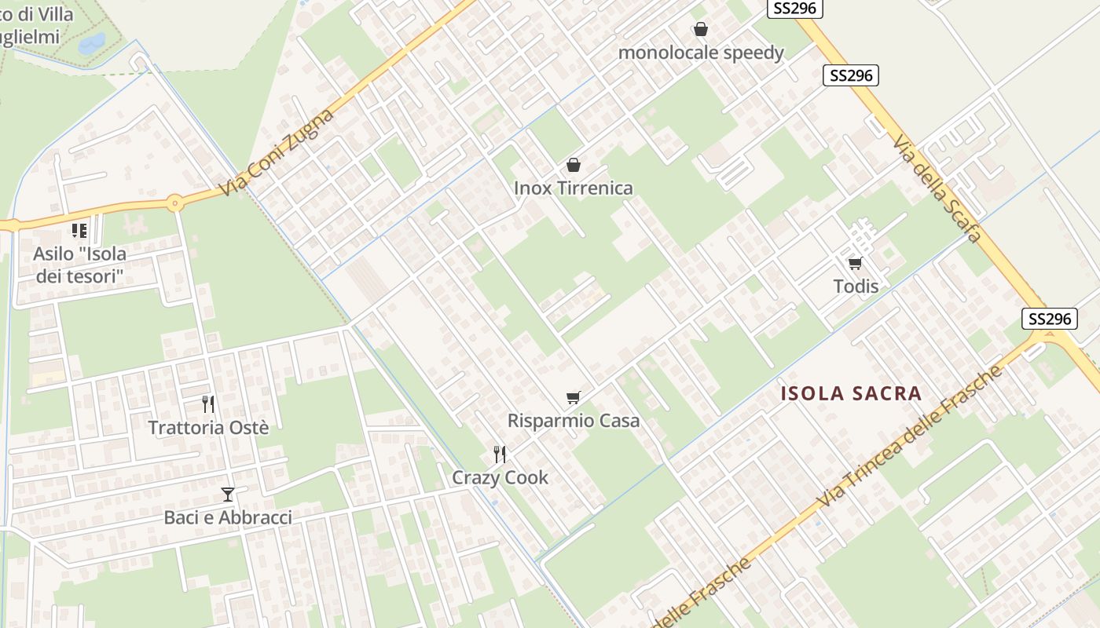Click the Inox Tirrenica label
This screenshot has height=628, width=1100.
click(573, 188)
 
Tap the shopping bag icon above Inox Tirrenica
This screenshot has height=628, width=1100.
click(574, 165)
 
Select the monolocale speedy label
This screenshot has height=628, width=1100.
click(701, 53)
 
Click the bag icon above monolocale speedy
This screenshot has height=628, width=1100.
click(701, 29)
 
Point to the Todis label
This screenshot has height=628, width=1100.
click(856, 287)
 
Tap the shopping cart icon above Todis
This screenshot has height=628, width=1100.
click(855, 263)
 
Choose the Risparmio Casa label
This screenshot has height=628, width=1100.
click(574, 421)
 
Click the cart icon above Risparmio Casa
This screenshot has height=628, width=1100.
click(574, 397)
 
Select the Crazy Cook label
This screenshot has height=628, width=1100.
click(500, 477)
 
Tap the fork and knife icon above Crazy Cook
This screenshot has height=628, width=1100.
click(499, 453)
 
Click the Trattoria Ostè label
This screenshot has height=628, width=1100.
click(208, 428)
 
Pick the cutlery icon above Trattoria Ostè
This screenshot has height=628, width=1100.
click(208, 403)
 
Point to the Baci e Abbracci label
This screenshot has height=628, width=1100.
click(228, 517)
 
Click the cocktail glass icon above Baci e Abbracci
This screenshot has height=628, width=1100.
click(228, 494)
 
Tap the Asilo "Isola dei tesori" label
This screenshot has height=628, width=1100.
click(79, 265)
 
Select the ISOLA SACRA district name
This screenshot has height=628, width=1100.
click(851, 394)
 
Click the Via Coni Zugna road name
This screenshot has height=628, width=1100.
click(277, 153)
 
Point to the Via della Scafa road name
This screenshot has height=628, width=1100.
click(937, 188)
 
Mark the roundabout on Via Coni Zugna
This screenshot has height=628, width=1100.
click(174, 203)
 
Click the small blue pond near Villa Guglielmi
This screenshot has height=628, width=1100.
click(91, 42)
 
